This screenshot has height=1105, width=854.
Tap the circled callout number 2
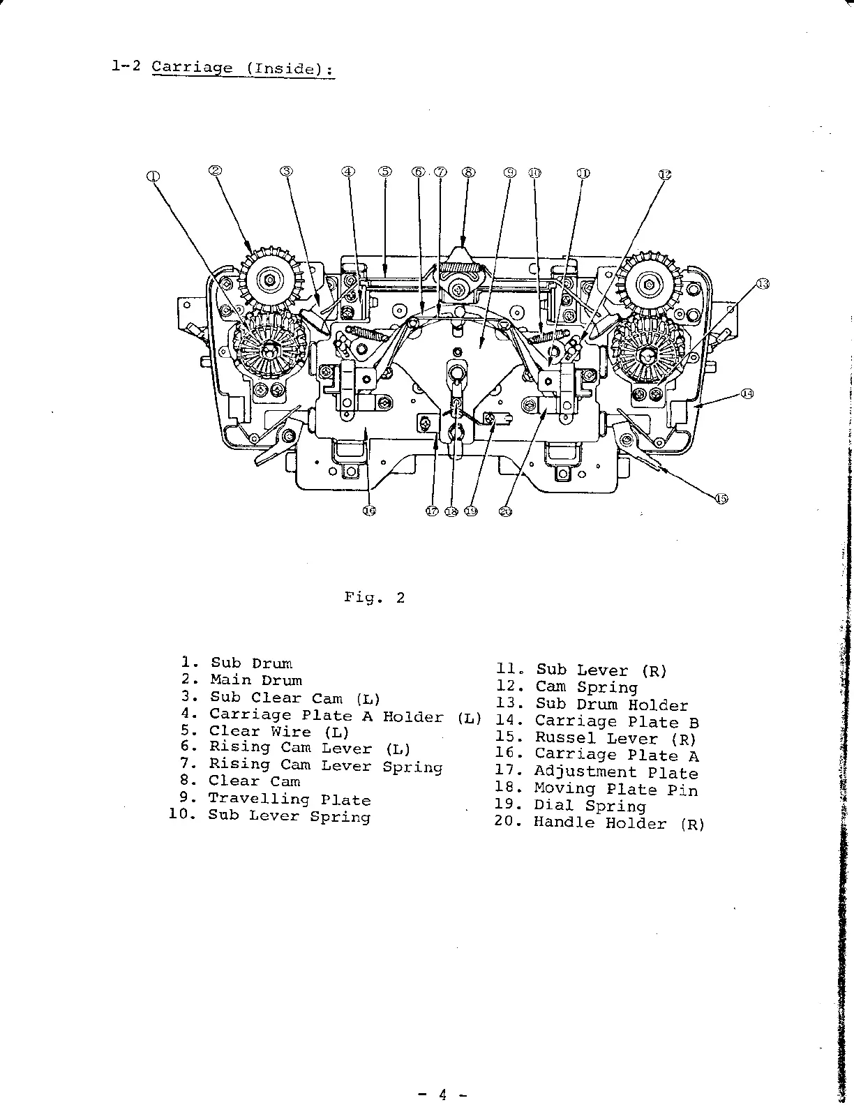(x=216, y=170)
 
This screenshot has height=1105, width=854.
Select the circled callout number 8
(x=467, y=172)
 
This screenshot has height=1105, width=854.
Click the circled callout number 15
(x=721, y=497)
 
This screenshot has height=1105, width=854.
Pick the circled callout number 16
(x=369, y=511)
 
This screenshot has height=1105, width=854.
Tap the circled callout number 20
(x=506, y=511)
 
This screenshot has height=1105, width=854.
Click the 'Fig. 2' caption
(x=375, y=598)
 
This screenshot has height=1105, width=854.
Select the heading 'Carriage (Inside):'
(x=243, y=68)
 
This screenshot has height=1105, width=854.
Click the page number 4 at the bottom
(x=442, y=1094)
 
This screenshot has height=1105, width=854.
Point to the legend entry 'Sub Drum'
(x=251, y=663)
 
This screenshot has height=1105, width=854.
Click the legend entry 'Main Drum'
(x=256, y=680)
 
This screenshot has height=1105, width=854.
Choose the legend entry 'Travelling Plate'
(x=290, y=799)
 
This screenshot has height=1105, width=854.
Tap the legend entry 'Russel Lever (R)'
(x=616, y=739)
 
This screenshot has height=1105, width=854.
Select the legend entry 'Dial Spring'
(x=590, y=806)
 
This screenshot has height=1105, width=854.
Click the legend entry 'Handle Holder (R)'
(x=619, y=823)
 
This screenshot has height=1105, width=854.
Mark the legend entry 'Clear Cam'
(x=255, y=782)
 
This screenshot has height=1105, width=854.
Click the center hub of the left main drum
(x=269, y=280)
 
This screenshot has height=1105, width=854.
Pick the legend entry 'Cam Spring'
(x=587, y=688)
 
